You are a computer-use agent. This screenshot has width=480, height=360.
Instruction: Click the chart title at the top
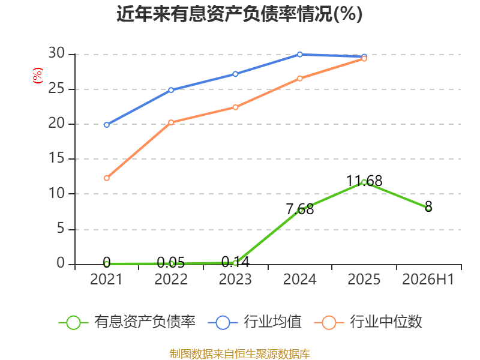239,14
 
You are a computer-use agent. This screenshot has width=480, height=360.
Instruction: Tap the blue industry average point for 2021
107,125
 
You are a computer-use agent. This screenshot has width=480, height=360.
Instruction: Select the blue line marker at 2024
299,55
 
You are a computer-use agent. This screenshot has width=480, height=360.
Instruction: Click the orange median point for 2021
107,178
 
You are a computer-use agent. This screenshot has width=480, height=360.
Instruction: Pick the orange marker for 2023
235,107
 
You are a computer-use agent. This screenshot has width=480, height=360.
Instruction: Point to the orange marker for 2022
171,122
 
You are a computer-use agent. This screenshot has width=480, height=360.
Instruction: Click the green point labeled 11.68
364,182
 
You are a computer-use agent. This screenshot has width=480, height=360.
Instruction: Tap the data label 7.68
300,209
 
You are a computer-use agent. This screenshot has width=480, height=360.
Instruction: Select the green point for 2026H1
428,208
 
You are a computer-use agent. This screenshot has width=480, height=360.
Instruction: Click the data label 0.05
171,262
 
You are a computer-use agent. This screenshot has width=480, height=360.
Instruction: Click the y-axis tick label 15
56,158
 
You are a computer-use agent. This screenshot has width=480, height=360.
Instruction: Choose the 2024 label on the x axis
299,279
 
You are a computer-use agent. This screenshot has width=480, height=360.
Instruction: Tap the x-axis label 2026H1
428,279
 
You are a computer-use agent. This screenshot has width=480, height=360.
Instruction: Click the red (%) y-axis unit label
38,76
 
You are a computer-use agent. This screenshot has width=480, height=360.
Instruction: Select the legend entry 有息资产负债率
127,322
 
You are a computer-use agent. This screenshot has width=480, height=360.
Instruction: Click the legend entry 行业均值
254,322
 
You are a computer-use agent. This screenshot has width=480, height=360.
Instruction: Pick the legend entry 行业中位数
368,322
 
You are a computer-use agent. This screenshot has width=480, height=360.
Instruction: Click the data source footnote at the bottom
240,354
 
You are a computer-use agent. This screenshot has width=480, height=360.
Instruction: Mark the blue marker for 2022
171,90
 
